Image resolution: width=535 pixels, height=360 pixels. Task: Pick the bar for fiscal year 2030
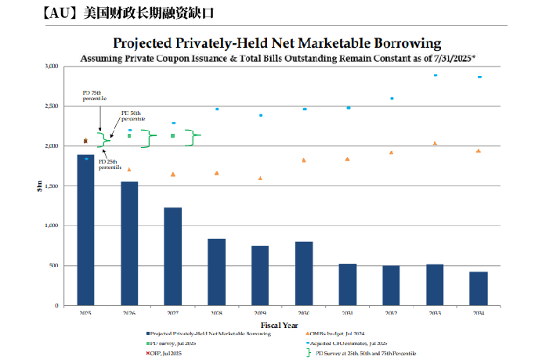(x=304, y=273)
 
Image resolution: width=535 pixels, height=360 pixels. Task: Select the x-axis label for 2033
(x=435, y=313)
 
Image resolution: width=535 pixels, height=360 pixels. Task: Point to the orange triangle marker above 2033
(x=435, y=143)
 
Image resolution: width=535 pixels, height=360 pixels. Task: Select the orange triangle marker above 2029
(x=260, y=178)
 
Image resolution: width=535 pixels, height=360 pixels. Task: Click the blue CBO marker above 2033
(x=435, y=75)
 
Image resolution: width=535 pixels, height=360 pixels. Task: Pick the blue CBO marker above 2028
(x=216, y=109)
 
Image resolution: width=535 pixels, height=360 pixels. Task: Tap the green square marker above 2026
(x=129, y=135)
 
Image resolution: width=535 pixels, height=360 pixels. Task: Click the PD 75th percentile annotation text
(x=92, y=96)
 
